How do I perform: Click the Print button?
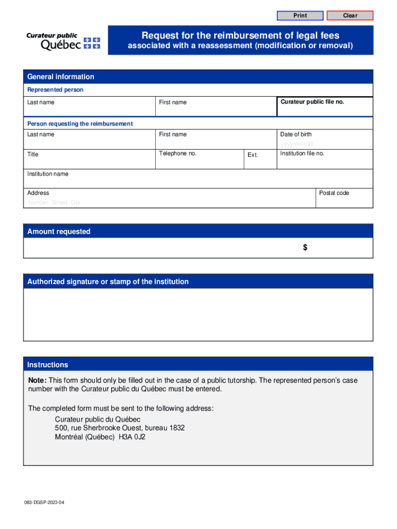pyautogui.click(x=300, y=15)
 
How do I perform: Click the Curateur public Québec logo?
pyautogui.click(x=63, y=41)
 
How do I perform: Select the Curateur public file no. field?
pyautogui.click(x=325, y=107)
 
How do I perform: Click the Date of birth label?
pyautogui.click(x=295, y=134)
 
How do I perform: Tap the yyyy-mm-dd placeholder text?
pyautogui.click(x=296, y=144)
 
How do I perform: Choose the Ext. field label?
pyautogui.click(x=253, y=155)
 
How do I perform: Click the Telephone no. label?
pyautogui.click(x=177, y=153)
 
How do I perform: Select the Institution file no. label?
pyautogui.click(x=302, y=153)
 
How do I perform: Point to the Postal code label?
pyautogui.click(x=334, y=193)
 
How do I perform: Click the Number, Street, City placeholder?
pyautogui.click(x=54, y=203)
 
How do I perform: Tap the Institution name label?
pyautogui.click(x=47, y=174)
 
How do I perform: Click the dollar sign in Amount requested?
pyautogui.click(x=305, y=247)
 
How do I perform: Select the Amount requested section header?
pyautogui.click(x=59, y=231)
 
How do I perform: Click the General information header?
pyautogui.click(x=61, y=76)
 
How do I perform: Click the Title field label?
pyautogui.click(x=32, y=154)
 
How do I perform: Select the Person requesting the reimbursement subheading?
pyautogui.click(x=80, y=123)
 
